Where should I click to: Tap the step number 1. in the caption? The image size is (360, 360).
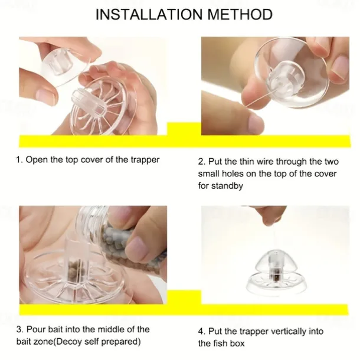(19, 159)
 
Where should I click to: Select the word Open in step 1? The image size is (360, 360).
(36, 159)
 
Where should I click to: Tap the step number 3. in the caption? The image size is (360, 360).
(19, 329)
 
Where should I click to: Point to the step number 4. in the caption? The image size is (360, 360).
(201, 330)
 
